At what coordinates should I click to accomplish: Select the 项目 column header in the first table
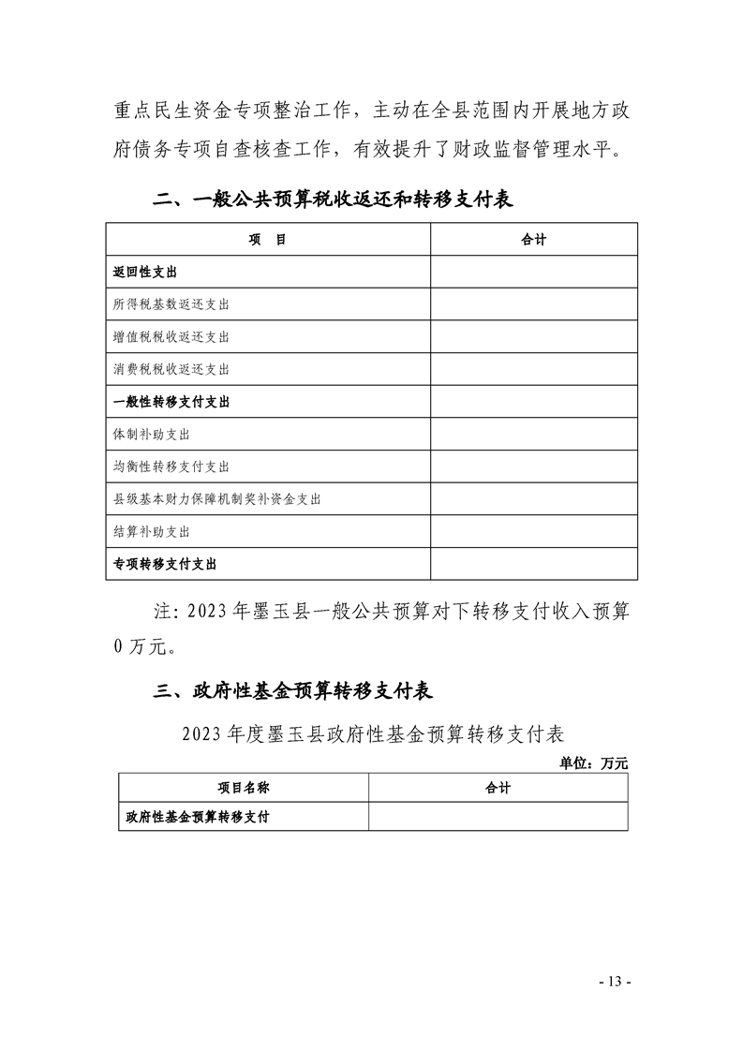[267, 240]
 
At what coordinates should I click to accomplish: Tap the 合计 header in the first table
[533, 240]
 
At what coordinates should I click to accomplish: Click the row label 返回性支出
[145, 272]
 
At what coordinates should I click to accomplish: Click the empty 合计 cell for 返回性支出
[533, 272]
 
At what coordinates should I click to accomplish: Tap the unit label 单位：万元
[593, 763]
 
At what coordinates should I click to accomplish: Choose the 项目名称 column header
[244, 788]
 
